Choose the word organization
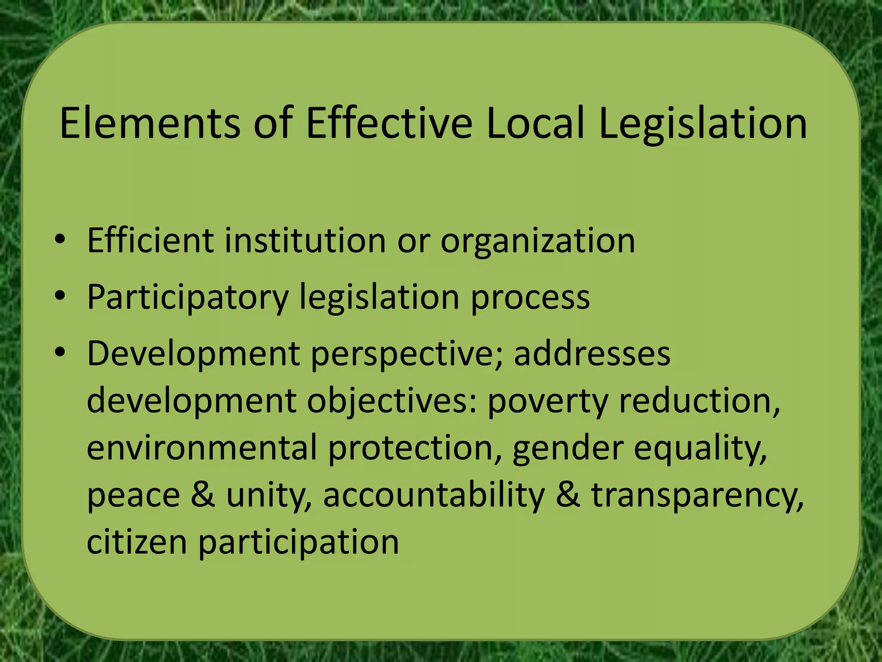(x=537, y=241)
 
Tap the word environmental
(x=202, y=448)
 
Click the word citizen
(x=137, y=542)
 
